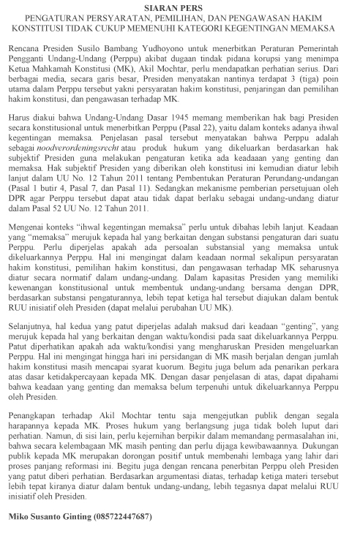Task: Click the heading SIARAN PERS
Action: tap(180, 6)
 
